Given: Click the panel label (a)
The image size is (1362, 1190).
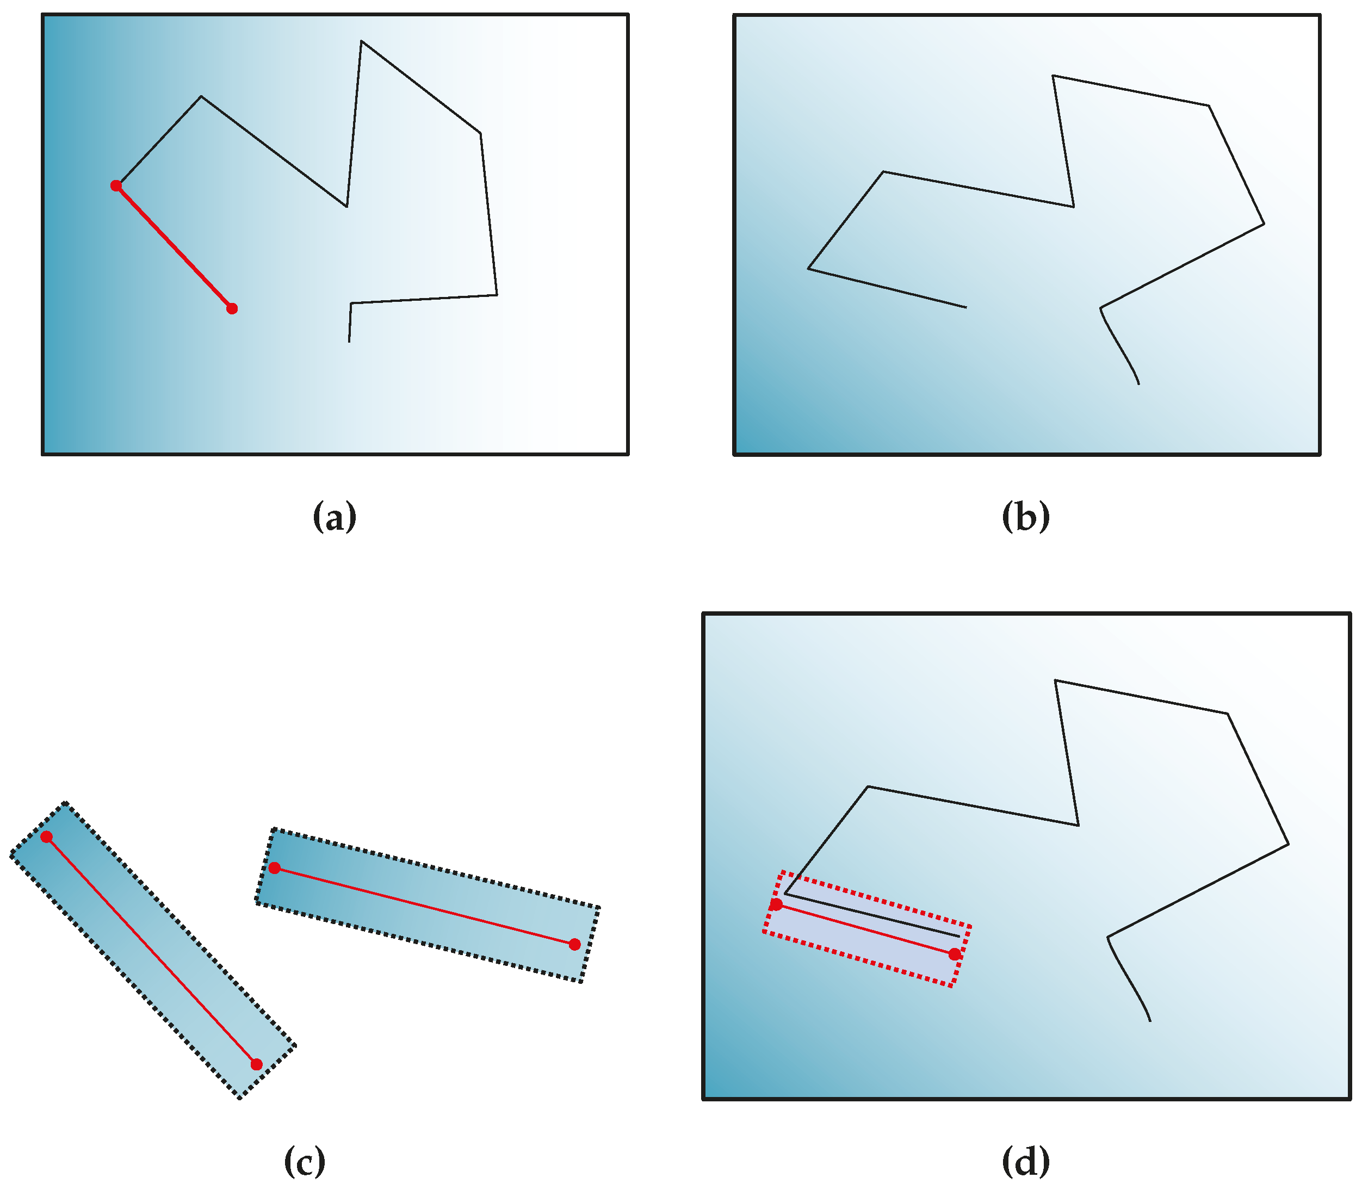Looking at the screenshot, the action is [x=334, y=516].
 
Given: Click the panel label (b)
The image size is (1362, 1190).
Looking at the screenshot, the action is [x=1025, y=516].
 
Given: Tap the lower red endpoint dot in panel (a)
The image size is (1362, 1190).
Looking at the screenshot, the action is [x=232, y=308].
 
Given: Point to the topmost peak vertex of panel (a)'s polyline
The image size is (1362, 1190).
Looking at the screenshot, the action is [x=361, y=41].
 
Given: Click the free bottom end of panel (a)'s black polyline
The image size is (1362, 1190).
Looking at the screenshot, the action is [x=349, y=342].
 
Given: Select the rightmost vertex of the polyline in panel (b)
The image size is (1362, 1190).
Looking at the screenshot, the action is [x=1264, y=224].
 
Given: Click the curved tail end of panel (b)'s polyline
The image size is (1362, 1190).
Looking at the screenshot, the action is [x=1139, y=383].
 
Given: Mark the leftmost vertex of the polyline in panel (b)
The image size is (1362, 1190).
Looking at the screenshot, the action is [x=808, y=268].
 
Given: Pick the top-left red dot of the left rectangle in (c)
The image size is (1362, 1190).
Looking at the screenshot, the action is [x=46, y=836].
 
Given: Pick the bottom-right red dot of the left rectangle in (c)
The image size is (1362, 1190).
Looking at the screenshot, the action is [x=256, y=1064].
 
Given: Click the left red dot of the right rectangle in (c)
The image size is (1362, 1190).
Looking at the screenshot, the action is [x=274, y=868].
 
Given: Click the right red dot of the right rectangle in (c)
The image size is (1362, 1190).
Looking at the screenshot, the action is [x=575, y=944].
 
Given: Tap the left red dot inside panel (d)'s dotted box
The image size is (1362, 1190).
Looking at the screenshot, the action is [x=776, y=904].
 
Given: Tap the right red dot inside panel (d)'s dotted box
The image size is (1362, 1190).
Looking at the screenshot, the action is [x=954, y=955].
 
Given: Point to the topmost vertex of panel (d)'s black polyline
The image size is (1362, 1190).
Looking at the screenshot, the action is [x=1055, y=680].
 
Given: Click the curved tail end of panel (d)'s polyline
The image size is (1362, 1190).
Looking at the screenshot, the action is [x=1150, y=1021].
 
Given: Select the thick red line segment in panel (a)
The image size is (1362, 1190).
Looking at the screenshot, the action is [x=174, y=247].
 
